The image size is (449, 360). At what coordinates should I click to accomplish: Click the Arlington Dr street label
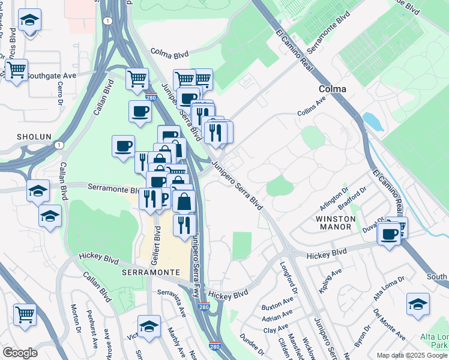337,197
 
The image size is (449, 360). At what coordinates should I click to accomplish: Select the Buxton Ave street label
276,306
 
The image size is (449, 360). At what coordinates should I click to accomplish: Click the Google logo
20,353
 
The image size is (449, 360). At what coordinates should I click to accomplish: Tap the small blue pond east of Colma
373,122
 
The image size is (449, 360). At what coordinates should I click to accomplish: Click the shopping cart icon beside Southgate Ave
16,70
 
